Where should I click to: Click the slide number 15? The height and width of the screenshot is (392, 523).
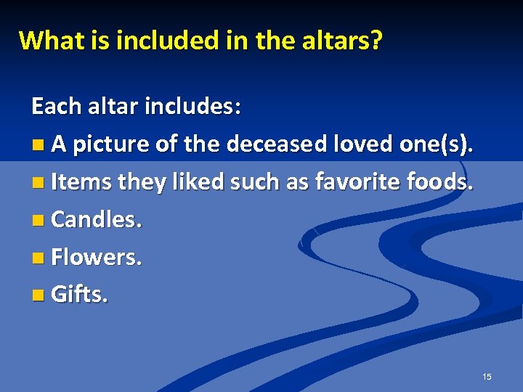pyautogui.click(x=487, y=377)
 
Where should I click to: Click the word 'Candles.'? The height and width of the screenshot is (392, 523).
pyautogui.click(x=97, y=220)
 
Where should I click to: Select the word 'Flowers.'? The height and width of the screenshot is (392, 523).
pyautogui.click(x=96, y=258)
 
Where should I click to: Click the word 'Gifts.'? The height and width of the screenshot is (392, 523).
pyautogui.click(x=80, y=295)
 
